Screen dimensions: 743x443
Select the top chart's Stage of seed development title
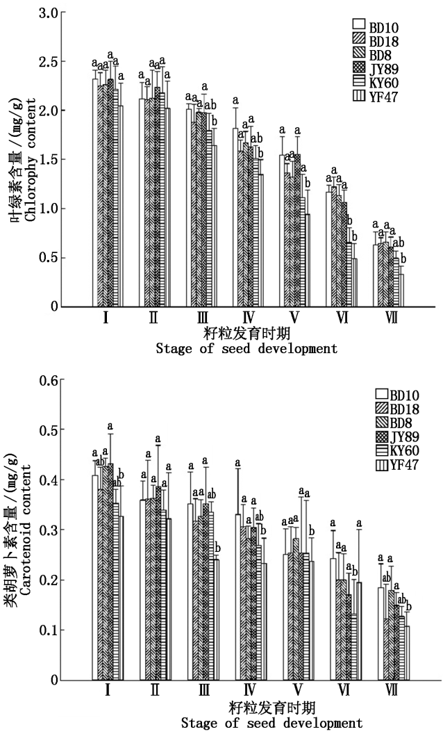(x=246, y=348)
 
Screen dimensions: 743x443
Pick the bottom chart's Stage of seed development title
(x=271, y=723)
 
